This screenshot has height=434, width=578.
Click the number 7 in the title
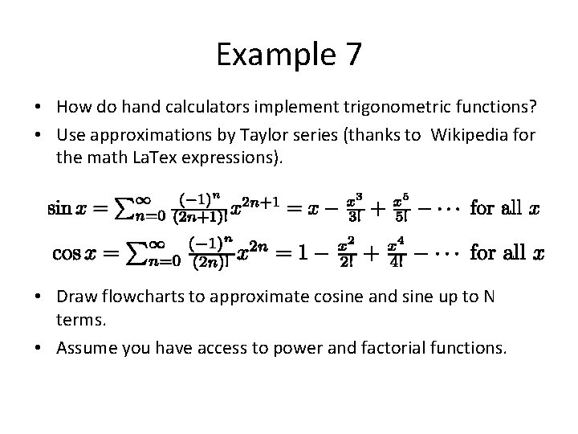[352, 55]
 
